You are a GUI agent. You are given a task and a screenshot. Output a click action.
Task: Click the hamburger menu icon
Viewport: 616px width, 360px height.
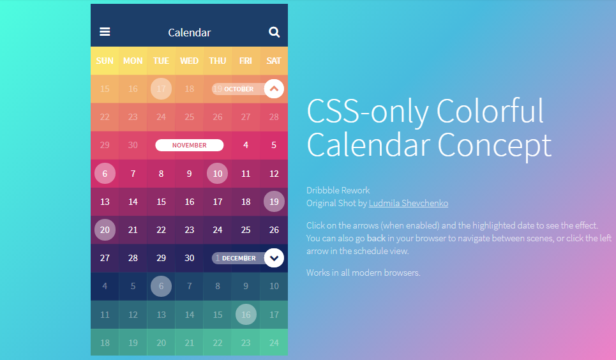coord(105,32)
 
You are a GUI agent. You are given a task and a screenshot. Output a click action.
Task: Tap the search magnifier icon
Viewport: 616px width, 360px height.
coord(274,32)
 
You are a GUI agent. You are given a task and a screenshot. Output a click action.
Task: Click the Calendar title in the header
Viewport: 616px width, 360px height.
coord(190,33)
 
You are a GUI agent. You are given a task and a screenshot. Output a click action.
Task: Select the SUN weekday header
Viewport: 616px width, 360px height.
coord(105,61)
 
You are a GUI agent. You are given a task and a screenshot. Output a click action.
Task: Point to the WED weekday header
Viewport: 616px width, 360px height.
coord(190,61)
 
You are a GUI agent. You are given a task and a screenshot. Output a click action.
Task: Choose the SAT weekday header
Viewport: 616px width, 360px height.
coord(274,61)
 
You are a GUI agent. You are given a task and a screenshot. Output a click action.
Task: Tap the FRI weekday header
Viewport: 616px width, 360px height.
coord(246,61)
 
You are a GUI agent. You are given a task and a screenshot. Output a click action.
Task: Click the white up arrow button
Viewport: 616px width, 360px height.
coord(274,89)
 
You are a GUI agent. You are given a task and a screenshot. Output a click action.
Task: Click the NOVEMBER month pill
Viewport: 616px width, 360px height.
coord(190,145)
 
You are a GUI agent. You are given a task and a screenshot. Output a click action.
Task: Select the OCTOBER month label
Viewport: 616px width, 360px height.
coord(239,89)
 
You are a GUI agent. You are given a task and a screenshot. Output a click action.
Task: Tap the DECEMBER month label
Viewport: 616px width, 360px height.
coord(239,259)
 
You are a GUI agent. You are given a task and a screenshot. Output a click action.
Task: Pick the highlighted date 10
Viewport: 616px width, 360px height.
coord(217,174)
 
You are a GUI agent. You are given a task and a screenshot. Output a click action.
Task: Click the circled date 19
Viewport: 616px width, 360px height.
coord(274,202)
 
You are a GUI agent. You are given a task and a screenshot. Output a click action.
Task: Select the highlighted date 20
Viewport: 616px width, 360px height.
coord(105,230)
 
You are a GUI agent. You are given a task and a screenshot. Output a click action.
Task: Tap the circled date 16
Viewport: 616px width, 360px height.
coord(246,315)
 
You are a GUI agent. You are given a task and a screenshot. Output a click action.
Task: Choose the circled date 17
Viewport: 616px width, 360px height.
coord(161,89)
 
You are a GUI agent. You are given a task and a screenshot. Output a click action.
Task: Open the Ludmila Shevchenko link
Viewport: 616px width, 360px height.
coord(409,203)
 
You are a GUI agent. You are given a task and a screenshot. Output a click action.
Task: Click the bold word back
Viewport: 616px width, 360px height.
coord(376,238)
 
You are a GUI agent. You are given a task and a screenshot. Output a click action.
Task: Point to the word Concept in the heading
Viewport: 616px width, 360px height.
coord(494,146)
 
